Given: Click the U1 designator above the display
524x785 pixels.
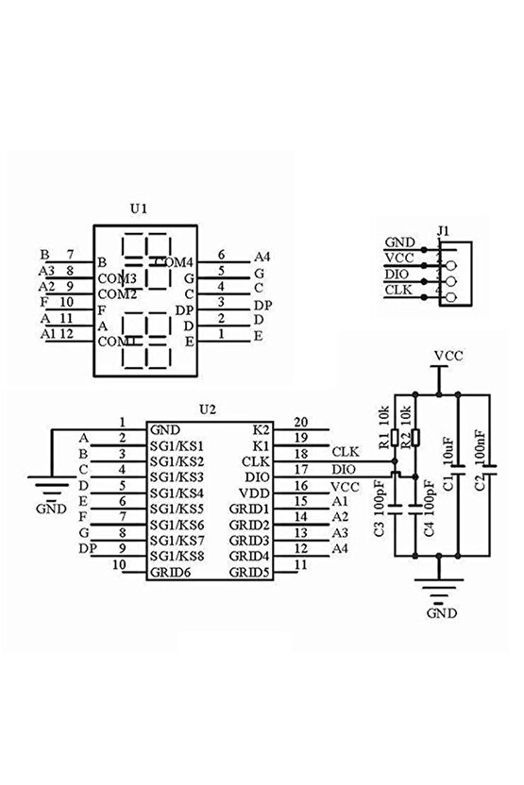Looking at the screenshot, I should (139, 209).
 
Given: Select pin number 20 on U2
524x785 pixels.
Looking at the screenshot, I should (302, 422).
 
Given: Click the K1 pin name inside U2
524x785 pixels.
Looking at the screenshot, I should (262, 444).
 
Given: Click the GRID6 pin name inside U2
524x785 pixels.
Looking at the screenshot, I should (169, 572).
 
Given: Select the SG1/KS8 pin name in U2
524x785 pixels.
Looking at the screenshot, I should (177, 556).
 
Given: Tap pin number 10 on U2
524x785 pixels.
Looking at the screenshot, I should (119, 565).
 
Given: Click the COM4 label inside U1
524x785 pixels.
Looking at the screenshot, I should (175, 261).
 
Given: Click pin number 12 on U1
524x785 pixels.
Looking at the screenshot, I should (68, 334).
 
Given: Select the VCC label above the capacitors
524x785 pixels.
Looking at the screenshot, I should (448, 356).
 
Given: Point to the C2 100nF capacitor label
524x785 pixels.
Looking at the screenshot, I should (481, 460).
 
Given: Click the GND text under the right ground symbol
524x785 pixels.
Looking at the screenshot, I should (440, 611).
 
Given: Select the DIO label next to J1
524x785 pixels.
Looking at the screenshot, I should (398, 273).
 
